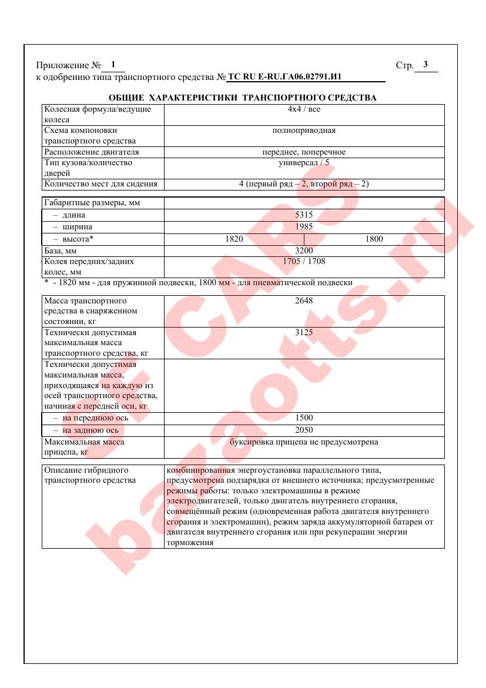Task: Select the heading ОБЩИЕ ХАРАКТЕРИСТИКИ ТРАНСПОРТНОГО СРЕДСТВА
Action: pos(243,98)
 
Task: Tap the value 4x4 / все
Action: pos(304,109)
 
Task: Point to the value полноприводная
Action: pos(304,131)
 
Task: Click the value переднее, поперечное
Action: pos(304,152)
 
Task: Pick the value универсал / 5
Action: pos(304,163)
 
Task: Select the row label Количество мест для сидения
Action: pos(101,184)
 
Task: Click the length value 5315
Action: pos(304,215)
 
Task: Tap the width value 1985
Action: pos(304,226)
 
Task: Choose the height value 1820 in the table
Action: pos(234,239)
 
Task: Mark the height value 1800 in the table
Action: pos(374,239)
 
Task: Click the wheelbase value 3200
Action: pos(304,251)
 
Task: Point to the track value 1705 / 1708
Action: pos(304,261)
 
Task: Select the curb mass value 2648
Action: pos(304,300)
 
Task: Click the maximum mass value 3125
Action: pos(304,333)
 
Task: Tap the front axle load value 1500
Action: pos(304,418)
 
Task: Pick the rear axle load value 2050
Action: pos(304,430)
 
